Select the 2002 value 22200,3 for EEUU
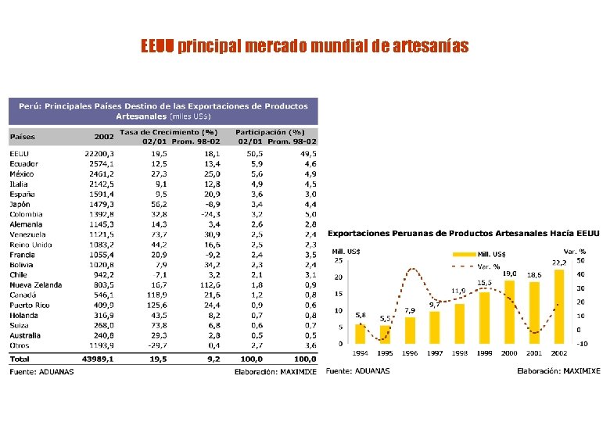point(99,154)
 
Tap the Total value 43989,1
point(99,359)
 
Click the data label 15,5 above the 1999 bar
point(484,282)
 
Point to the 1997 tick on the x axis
point(435,353)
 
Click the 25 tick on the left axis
point(338,260)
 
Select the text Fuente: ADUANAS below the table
point(41,371)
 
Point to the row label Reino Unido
point(30,245)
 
